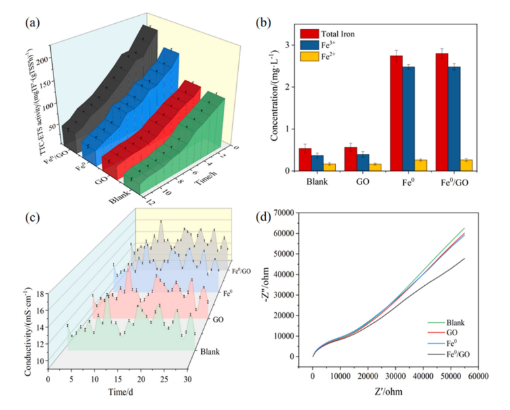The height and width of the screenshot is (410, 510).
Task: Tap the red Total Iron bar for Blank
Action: coord(305,160)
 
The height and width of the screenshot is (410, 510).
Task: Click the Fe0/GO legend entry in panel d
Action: coord(457,354)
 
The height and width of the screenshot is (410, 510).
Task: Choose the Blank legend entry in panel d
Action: coord(454,322)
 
